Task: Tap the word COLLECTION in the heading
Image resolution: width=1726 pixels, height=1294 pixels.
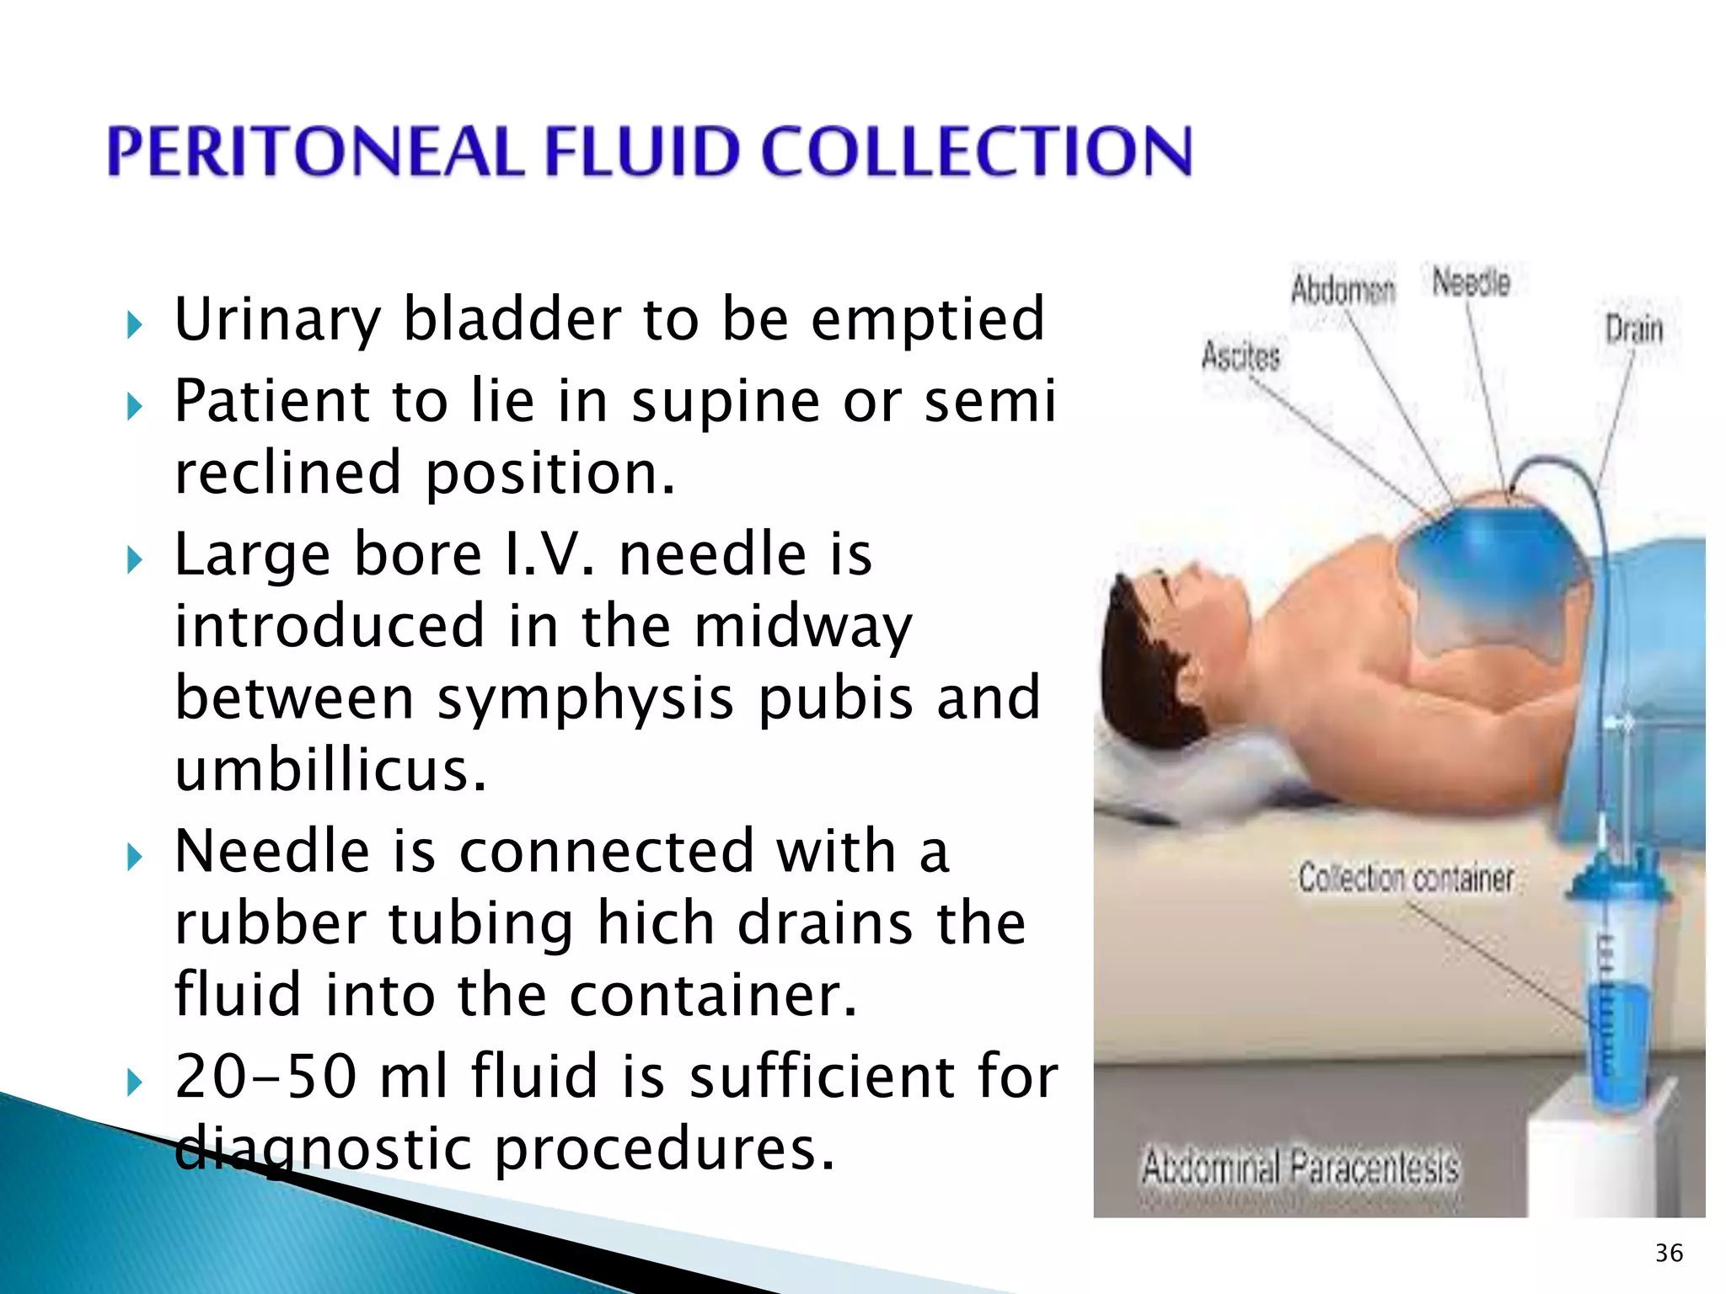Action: coord(978,152)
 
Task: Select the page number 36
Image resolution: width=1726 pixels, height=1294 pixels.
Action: coord(1669,1253)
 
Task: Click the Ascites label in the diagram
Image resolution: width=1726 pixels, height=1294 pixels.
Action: coord(1240,356)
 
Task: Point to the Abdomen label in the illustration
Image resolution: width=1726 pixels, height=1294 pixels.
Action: coord(1343,291)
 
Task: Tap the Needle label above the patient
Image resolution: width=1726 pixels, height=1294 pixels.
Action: coord(1471,282)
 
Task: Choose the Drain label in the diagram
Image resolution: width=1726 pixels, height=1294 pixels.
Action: coord(1633,329)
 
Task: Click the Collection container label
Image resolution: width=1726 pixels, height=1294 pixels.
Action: coord(1406,878)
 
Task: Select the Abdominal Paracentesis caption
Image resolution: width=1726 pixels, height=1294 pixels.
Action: coord(1300,1168)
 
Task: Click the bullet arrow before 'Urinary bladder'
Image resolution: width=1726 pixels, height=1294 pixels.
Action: coord(134,324)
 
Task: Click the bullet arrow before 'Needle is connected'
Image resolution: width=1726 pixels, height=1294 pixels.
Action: coord(134,858)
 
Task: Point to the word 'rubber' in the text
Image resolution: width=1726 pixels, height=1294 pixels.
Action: coord(270,922)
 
